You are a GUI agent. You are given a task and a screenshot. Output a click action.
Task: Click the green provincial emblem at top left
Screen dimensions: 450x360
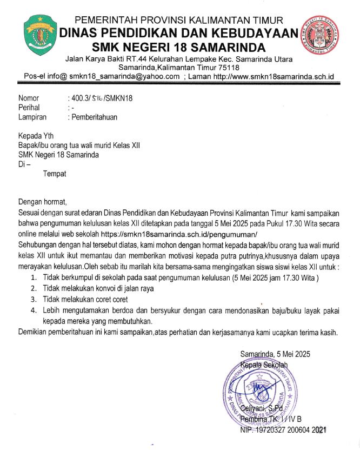click(x=41, y=35)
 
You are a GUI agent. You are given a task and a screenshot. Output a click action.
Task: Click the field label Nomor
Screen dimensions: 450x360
click(x=29, y=98)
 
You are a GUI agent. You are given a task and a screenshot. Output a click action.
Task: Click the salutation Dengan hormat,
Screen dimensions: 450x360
click(x=42, y=202)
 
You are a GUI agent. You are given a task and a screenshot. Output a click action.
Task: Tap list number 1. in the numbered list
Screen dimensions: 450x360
click(x=34, y=278)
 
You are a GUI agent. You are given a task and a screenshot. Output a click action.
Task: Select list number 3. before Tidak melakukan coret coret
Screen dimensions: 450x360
click(x=34, y=299)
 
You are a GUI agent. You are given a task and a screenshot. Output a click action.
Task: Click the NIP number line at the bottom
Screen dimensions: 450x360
click(x=283, y=430)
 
